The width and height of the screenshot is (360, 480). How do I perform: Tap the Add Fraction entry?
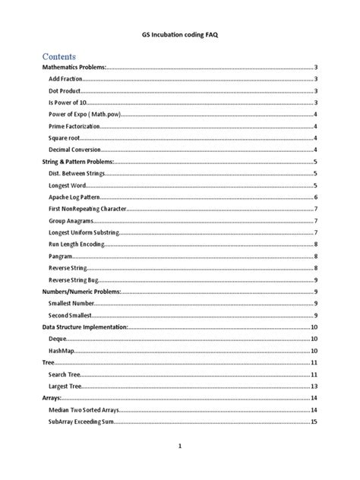point(66,79)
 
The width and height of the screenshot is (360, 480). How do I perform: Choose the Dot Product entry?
point(65,91)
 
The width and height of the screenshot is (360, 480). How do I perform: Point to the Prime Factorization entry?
point(74,126)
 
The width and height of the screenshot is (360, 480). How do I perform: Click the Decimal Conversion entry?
point(76,150)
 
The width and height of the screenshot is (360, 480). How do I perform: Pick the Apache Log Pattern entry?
point(76,197)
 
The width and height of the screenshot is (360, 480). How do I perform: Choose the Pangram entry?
point(61,256)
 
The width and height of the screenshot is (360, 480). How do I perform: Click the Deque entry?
point(58,339)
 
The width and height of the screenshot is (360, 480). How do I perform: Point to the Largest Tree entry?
point(65,386)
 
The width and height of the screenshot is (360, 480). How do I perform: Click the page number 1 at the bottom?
point(180,447)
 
